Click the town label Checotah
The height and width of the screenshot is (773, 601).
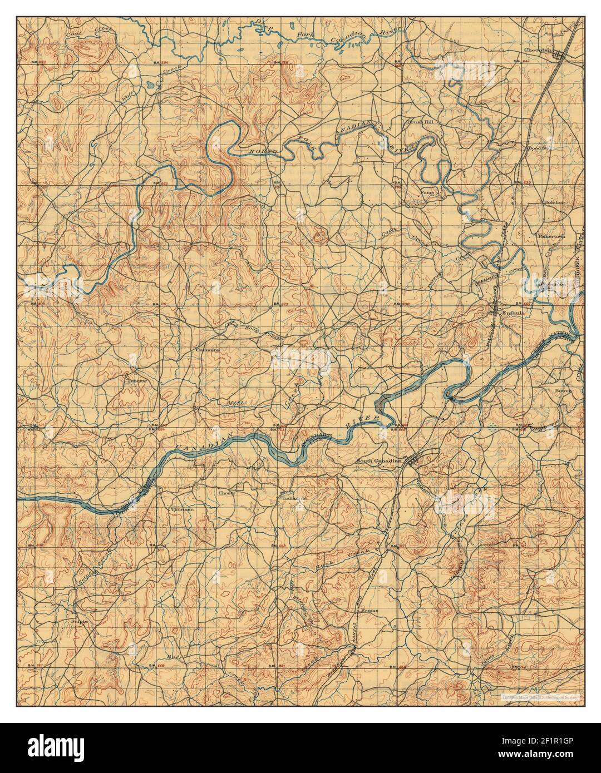point(537,49)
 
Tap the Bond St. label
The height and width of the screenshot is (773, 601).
point(538,148)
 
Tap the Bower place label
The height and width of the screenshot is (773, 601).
point(563,391)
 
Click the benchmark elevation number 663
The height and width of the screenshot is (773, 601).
point(164,183)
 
